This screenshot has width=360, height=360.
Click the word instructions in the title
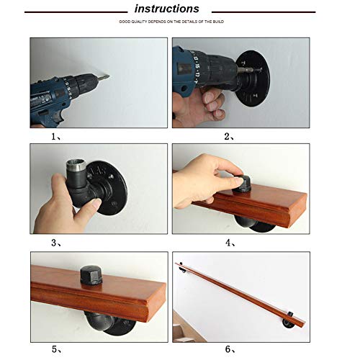tap(166, 9)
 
